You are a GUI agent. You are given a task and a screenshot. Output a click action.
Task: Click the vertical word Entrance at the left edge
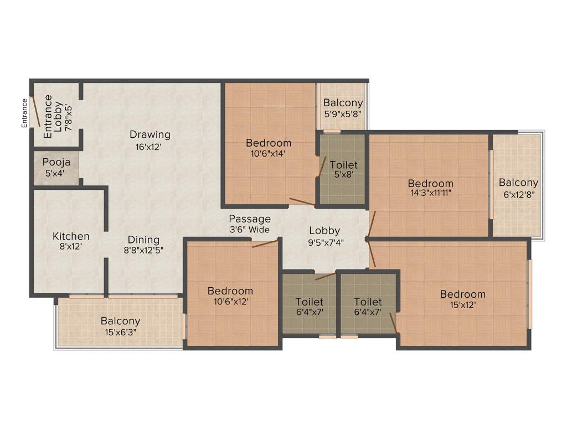pos(24,113)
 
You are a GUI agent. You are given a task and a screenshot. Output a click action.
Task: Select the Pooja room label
pos(56,163)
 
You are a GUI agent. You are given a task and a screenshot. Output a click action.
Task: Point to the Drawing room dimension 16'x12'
pos(150,147)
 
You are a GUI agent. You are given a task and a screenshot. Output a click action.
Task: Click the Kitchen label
pos(71,236)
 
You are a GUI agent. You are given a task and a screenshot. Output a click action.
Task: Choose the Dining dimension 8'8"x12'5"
pos(144,250)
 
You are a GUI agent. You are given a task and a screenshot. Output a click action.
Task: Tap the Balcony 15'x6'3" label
pos(120,321)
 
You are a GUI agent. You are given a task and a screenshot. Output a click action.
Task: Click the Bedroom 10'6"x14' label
pos(269,143)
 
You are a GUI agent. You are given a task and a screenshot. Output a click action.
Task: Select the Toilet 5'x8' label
pos(343,165)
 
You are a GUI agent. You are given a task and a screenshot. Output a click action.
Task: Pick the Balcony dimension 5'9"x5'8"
pos(343,113)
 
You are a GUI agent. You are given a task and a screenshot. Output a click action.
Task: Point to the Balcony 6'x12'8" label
pos(518,183)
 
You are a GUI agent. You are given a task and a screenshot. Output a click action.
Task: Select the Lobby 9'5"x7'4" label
pos(324,231)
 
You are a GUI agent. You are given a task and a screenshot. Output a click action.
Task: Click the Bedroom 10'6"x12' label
pos(230,291)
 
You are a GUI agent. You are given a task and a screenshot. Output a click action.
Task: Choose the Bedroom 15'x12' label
pos(462,294)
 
